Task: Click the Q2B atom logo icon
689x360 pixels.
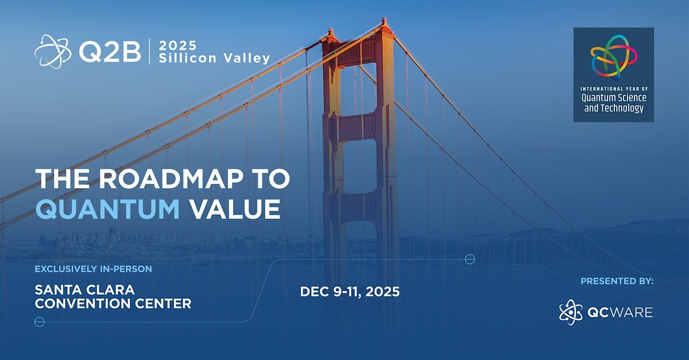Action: (x=53, y=52)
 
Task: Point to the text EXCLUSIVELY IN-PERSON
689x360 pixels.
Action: (x=93, y=269)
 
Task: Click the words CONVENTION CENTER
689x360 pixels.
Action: (x=113, y=304)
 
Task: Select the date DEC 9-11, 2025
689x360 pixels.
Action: (x=350, y=292)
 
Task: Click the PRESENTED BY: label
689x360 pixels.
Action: (x=617, y=281)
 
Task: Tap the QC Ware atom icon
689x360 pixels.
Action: (x=570, y=311)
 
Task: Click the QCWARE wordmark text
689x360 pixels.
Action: (x=620, y=312)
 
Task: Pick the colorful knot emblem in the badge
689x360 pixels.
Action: (x=613, y=55)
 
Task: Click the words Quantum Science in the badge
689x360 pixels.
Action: (x=614, y=98)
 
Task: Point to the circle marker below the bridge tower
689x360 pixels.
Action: (x=469, y=260)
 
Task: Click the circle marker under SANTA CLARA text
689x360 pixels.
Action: (x=40, y=322)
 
